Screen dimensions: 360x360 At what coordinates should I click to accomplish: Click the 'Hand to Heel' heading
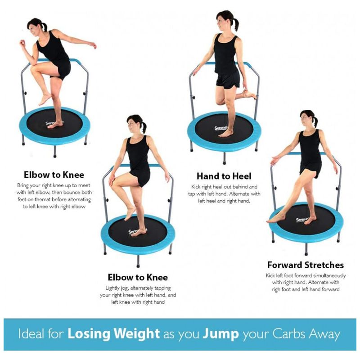[224, 176]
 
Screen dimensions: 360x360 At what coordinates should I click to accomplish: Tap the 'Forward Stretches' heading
[306, 265]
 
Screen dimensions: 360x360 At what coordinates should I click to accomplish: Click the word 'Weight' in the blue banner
[137, 334]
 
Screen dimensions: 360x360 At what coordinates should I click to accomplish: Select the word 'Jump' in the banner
[220, 334]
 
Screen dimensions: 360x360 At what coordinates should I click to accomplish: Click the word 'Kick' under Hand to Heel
[196, 187]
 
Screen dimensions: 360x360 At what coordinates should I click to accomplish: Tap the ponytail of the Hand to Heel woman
[236, 25]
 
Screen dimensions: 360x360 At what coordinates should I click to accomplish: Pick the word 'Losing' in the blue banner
[89, 334]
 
